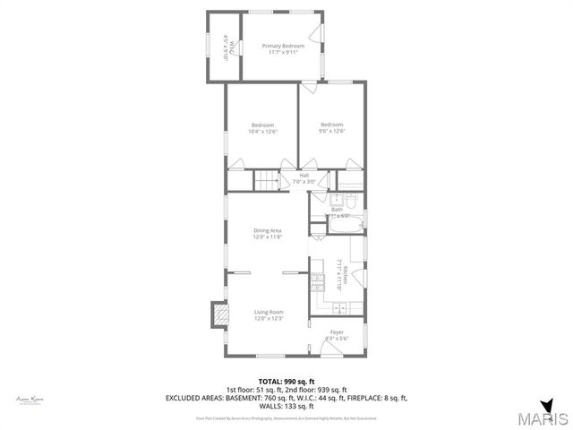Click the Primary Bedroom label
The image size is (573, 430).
coord(283,46)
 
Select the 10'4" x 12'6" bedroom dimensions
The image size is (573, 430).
coord(263,132)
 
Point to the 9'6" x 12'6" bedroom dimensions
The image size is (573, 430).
coord(332,132)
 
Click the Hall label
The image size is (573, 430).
coord(304,175)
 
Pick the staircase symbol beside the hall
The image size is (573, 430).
coord(266,181)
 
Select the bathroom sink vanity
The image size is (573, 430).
coord(336,202)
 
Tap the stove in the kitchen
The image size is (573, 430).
coord(316,284)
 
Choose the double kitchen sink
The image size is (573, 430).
coord(340,309)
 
